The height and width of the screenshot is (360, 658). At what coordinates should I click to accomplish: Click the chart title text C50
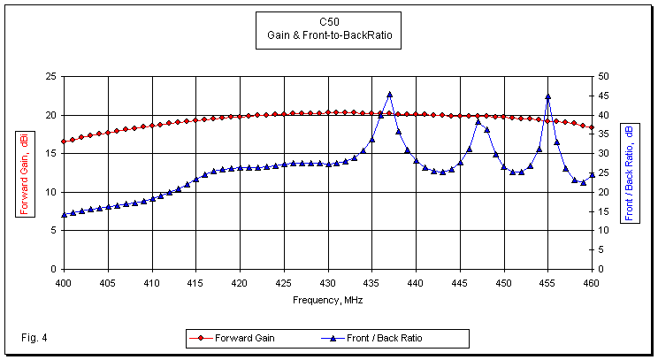tap(329, 21)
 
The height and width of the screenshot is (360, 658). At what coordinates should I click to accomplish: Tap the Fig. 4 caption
tap(33, 338)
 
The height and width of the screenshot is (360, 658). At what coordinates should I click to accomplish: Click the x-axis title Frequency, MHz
tap(328, 300)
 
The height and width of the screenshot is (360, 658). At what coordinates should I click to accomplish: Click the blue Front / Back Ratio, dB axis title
tap(629, 172)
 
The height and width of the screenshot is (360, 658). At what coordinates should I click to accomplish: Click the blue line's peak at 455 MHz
tap(548, 96)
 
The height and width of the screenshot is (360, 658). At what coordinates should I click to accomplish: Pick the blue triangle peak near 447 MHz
tap(478, 121)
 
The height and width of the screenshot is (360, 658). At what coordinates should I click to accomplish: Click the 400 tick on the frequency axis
tap(64, 283)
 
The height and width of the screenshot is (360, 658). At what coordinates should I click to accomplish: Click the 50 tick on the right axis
tap(603, 77)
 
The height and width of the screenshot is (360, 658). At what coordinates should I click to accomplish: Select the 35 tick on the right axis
tap(603, 134)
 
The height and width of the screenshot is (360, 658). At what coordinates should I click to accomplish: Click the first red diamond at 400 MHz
tap(64, 142)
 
